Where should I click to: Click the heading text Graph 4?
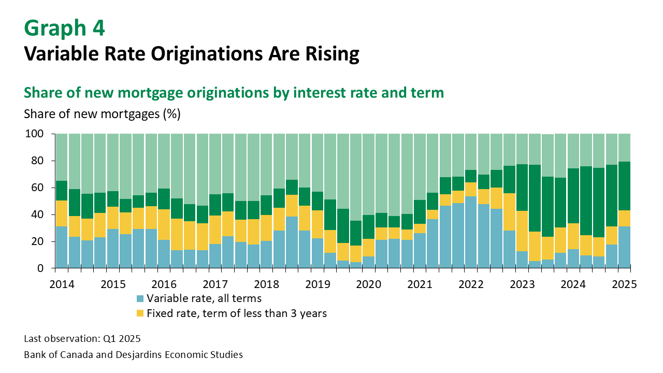point(65,28)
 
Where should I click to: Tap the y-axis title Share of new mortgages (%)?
point(102,114)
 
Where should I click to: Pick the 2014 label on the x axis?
point(62,284)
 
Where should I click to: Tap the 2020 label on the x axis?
point(369,284)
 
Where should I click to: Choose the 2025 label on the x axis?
point(624,284)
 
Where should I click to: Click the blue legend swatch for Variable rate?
point(140,298)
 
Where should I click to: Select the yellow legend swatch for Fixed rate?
point(140,313)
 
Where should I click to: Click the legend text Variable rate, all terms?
point(204,298)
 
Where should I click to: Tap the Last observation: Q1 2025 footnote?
point(82,339)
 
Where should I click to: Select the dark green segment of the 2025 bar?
point(624,186)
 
